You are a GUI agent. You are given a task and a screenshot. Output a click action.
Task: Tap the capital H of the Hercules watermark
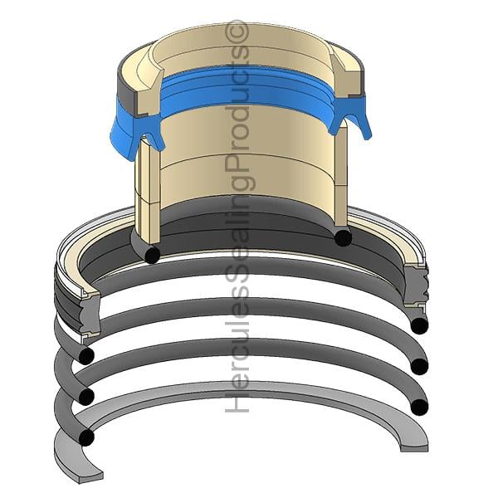coord(237,403)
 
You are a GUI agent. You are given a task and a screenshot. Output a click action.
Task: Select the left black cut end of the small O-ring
coord(152,255)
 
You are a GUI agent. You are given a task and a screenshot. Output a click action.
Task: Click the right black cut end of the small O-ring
coord(343,238)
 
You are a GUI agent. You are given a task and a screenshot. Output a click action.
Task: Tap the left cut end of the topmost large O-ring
coord(85,356)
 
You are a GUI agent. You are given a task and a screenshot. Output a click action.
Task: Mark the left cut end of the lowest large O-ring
coord(85,437)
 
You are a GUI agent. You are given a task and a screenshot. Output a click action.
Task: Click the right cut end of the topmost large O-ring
coord(419,325)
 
